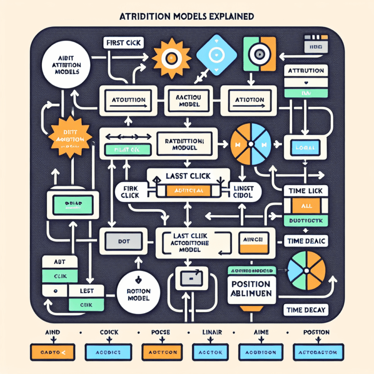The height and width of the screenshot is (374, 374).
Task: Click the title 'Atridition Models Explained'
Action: pyautogui.click(x=187, y=16)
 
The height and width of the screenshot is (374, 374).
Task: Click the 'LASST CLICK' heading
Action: pyautogui.click(x=188, y=177)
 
